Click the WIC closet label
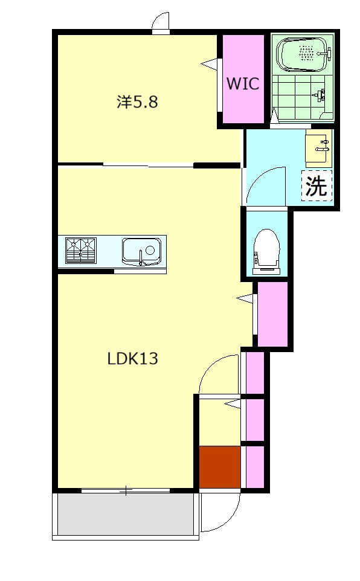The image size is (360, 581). [243, 84]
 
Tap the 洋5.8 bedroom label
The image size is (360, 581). [137, 101]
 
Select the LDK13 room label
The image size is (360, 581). [133, 358]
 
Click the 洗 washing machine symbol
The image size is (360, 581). [317, 185]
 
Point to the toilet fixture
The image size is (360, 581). [265, 252]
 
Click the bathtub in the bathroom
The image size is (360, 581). [303, 54]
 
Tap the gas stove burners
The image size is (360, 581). [81, 251]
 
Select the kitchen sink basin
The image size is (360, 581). [141, 252]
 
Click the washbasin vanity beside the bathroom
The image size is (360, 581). [317, 149]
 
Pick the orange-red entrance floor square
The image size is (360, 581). [220, 467]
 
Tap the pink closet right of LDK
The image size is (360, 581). [272, 314]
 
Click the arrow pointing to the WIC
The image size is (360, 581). [210, 64]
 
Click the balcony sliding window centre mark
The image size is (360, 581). [126, 491]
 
